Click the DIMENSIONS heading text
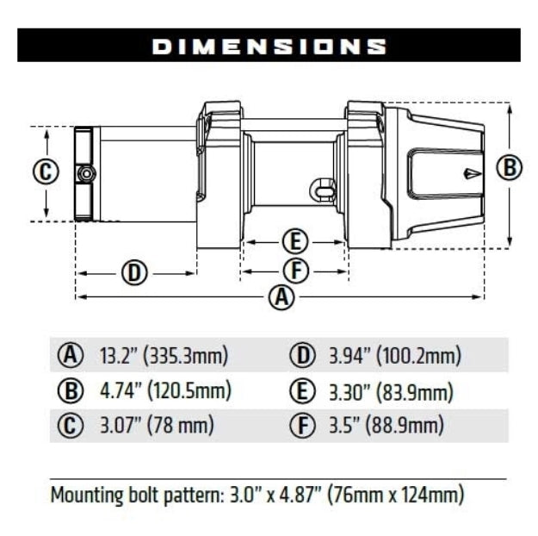pos(269,46)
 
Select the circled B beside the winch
pos(510,168)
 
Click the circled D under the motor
pos(133,273)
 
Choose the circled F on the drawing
pos(295,271)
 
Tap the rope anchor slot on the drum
pos(323,187)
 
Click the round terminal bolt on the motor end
pos(86,173)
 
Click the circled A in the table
pos(70,355)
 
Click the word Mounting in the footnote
pos(84,495)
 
